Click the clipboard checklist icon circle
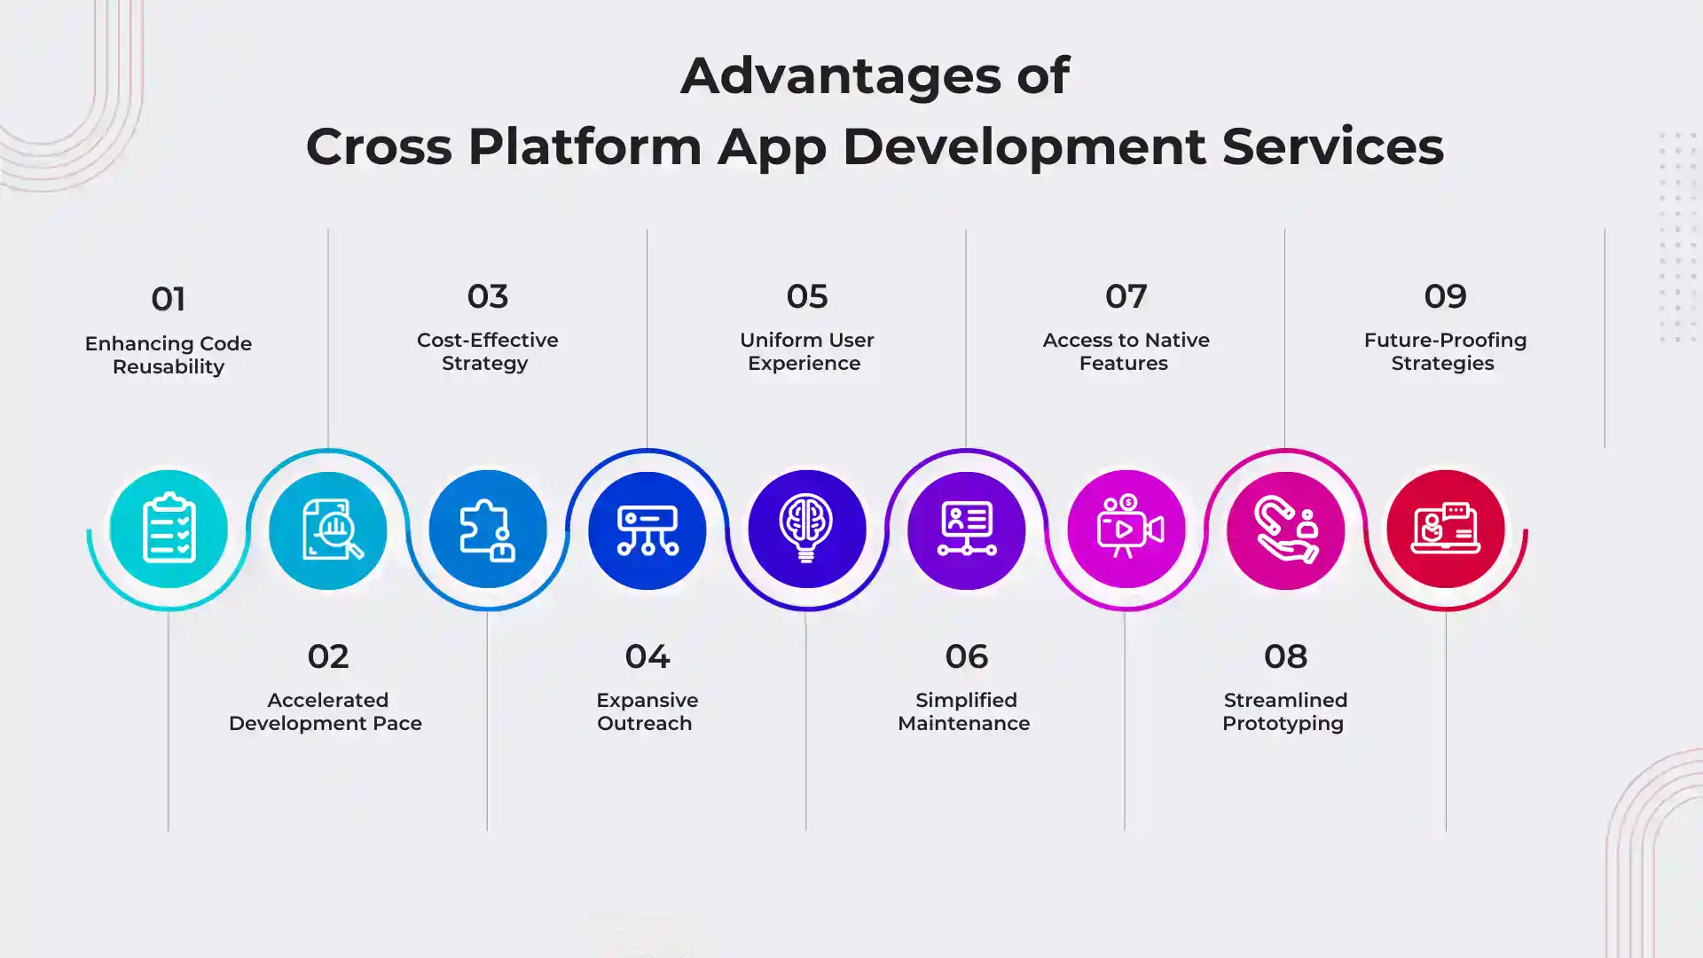pyautogui.click(x=169, y=529)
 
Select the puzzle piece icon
pyautogui.click(x=487, y=530)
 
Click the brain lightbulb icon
pyautogui.click(x=806, y=528)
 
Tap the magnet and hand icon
pyautogui.click(x=1286, y=529)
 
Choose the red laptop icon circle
pyautogui.click(x=1446, y=529)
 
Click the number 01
pyautogui.click(x=169, y=299)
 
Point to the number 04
pyautogui.click(x=647, y=656)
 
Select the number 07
pyautogui.click(x=1126, y=296)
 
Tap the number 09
pyautogui.click(x=1446, y=296)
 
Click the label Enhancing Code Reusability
pyautogui.click(x=169, y=355)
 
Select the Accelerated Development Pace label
pyautogui.click(x=326, y=711)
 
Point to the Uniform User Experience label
pyautogui.click(x=806, y=351)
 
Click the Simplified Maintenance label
pyautogui.click(x=964, y=711)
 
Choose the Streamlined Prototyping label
pyautogui.click(x=1284, y=711)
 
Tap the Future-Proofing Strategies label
pyautogui.click(x=1445, y=351)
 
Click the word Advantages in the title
pyautogui.click(x=841, y=76)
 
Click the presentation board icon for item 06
pyautogui.click(x=967, y=529)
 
